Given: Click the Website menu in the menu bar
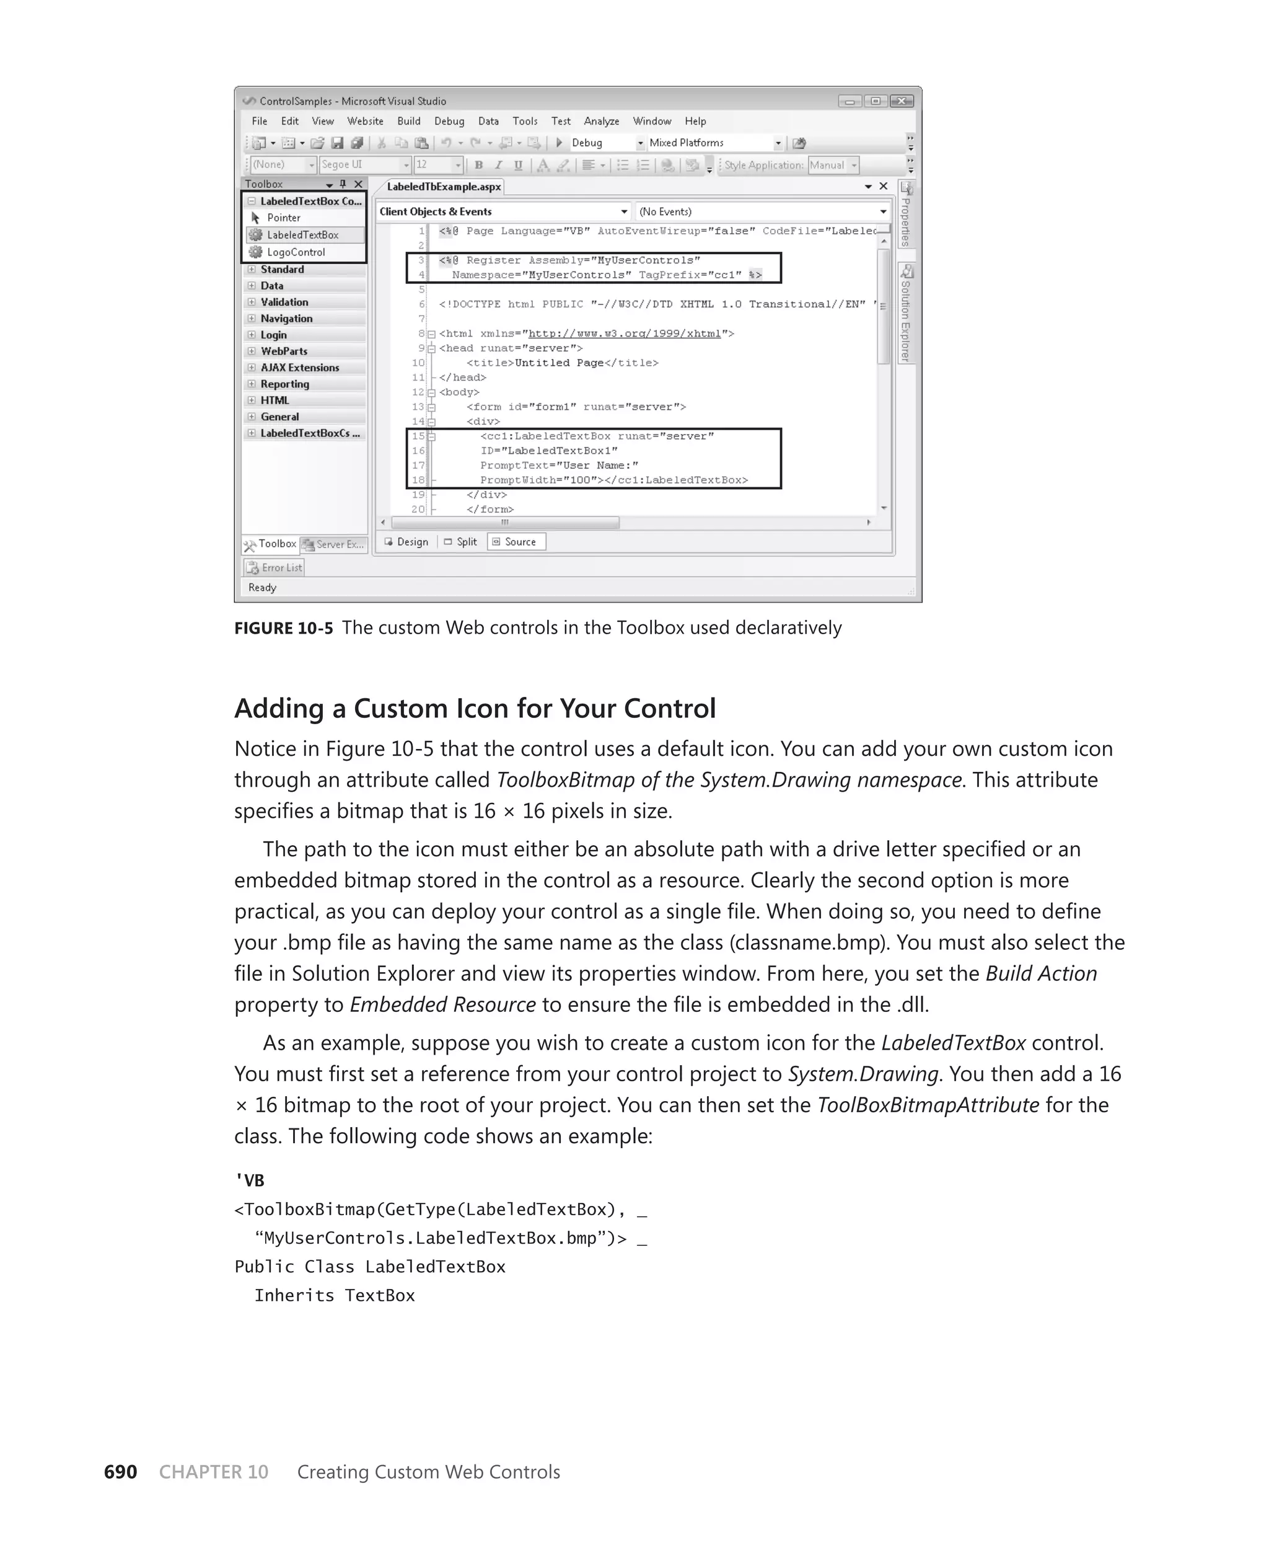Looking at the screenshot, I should (365, 122).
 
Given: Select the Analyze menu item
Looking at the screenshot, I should (601, 122).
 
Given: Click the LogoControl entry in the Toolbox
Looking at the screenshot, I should (296, 252).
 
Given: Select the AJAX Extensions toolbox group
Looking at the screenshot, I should (300, 368).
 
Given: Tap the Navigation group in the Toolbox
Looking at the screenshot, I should (286, 319).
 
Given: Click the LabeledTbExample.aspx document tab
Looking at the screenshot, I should (444, 187).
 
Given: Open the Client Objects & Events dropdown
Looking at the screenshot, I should (503, 212).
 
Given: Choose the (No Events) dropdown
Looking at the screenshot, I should (762, 212).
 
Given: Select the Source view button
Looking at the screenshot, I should (517, 542).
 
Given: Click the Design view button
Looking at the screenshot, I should (406, 542).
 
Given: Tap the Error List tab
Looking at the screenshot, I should (274, 568).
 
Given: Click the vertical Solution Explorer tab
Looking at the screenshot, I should (906, 314).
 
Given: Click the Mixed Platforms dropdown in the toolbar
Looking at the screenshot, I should (715, 143).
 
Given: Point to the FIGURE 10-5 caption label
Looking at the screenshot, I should (284, 628).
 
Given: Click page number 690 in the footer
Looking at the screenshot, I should (121, 1472).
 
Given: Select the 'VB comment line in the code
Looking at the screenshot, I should (249, 1180).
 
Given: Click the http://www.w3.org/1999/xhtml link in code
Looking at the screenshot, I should (624, 334).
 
